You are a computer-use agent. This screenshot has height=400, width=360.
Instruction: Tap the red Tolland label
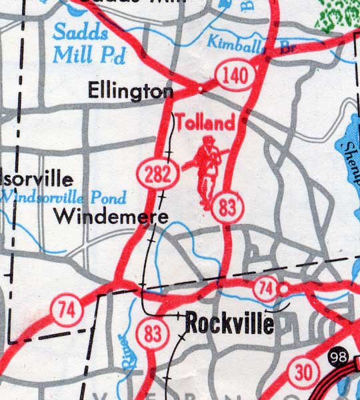[x=206, y=123]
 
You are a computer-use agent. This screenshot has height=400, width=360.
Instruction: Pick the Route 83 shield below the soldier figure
[x=227, y=209]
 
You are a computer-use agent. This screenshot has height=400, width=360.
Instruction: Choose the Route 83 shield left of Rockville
[x=152, y=333]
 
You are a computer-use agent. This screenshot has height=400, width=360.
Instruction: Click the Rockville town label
[x=229, y=324]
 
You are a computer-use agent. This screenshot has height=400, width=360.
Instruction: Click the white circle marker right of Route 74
[x=283, y=289]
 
